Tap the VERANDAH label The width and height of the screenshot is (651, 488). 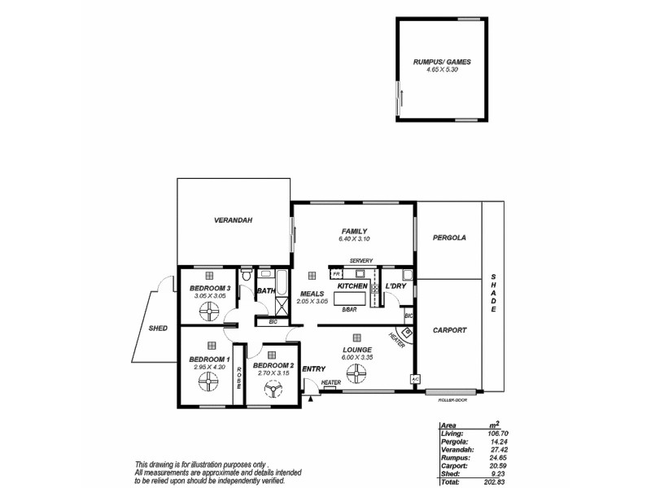pos(234,220)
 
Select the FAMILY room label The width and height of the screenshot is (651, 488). pos(354,230)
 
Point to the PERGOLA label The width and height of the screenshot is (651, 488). pos(448,238)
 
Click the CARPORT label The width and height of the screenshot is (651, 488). pos(448,330)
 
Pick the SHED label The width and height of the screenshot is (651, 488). pos(158,329)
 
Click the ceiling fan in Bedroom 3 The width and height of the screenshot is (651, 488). pos(210,311)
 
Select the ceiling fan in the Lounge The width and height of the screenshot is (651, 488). pos(356,373)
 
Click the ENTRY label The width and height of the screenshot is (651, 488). pos(313,369)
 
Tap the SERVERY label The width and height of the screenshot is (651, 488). pos(360,260)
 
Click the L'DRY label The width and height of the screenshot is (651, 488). pos(396,286)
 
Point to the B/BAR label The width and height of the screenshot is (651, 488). pos(349,310)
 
